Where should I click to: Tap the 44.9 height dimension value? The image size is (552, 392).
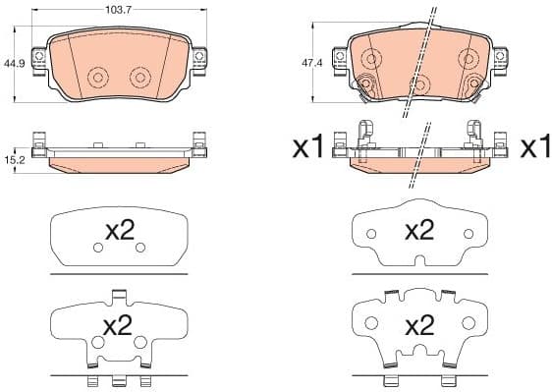(x=14, y=63)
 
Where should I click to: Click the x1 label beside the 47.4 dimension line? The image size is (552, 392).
(x=308, y=147)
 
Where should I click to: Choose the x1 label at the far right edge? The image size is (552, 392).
(x=534, y=147)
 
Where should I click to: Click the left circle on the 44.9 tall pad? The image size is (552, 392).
(x=97, y=78)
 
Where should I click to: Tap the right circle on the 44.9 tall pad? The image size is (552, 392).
(x=139, y=78)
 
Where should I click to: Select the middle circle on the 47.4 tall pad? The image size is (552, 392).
(x=419, y=84)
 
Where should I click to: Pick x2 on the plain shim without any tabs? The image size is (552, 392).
(x=119, y=232)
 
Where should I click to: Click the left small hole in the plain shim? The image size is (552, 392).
(x=97, y=249)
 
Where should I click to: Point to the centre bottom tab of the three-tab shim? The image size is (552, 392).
(x=119, y=381)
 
